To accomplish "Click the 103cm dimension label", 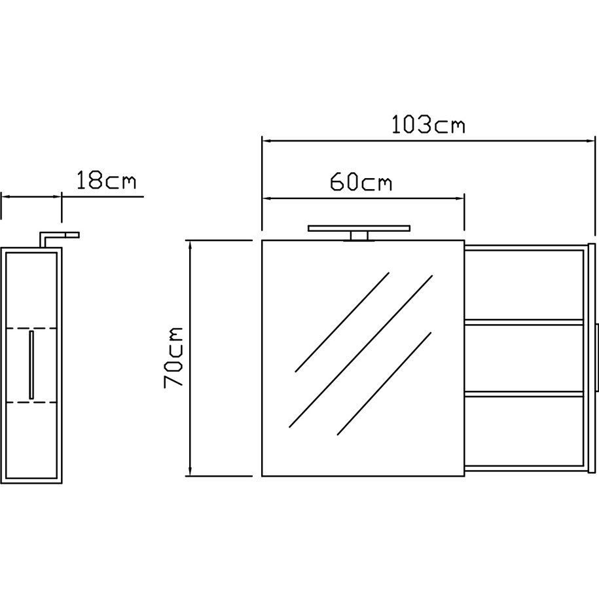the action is (x=429, y=124).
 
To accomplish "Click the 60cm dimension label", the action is (x=361, y=181).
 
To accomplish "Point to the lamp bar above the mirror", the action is (x=359, y=228).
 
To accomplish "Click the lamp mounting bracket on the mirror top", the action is (x=359, y=236).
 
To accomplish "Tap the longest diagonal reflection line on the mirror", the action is (x=361, y=351).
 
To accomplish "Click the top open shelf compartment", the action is (x=524, y=285).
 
